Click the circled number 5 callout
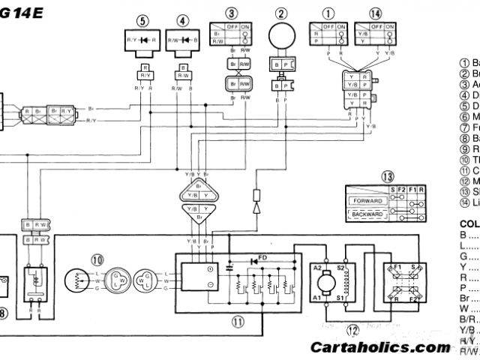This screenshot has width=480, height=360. click(143, 20)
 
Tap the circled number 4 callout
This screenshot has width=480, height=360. click(183, 20)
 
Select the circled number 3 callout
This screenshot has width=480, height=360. click(232, 13)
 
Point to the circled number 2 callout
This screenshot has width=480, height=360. click(282, 13)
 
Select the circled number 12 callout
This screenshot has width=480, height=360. click(352, 328)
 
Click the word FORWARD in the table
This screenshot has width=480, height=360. click(367, 201)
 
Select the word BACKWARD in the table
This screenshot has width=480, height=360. click(367, 214)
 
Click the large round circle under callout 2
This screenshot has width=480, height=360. click(282, 37)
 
